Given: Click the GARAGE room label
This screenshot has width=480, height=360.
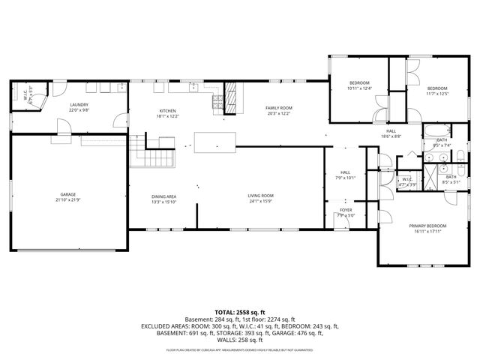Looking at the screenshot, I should pos(68,195).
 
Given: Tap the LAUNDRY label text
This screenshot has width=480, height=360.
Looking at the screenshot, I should pos(79,105).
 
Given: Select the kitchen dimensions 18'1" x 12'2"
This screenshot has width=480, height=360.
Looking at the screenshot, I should pos(167,116).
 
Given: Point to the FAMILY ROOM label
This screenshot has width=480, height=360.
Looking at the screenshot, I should pos(278,108).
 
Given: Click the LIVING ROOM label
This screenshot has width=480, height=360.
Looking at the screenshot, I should pos(260,196).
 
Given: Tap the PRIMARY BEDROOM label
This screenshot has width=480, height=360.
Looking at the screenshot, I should pos(427,226).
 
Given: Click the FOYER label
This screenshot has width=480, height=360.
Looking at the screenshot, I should pos(346,210).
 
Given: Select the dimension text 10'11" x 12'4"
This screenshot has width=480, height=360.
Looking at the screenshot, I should pos(359,88).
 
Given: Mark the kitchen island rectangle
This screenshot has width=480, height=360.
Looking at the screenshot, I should pos(214,142).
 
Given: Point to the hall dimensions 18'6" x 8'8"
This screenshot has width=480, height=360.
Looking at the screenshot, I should pos(391,136).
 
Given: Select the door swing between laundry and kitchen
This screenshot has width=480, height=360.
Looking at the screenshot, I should pos(118,120).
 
